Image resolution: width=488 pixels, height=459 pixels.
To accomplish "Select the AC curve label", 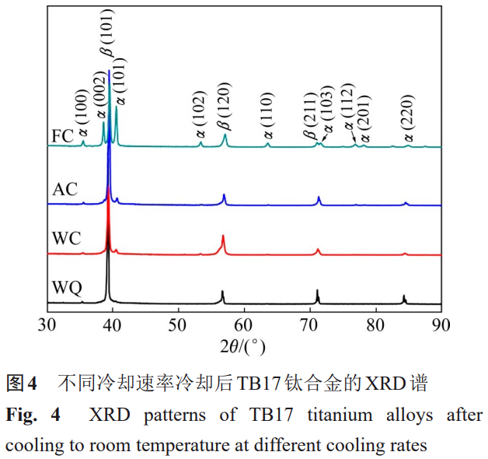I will [x=64, y=189].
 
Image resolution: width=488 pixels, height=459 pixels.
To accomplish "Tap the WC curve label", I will [x=66, y=237].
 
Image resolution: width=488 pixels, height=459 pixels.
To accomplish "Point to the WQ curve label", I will [x=67, y=288].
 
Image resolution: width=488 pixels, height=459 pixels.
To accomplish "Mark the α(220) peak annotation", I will [x=407, y=117].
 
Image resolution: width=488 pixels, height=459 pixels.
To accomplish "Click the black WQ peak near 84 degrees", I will [x=404, y=299].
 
